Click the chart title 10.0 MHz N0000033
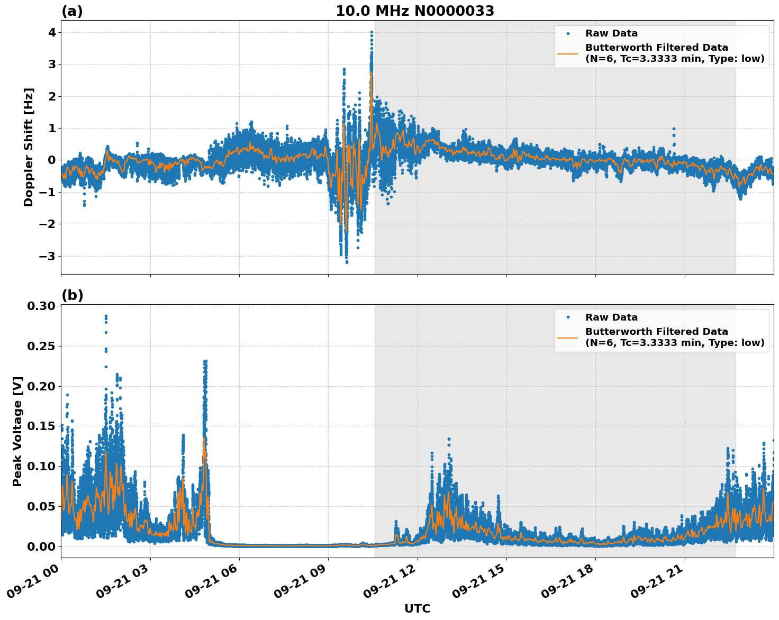coord(415,11)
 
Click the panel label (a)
coord(72,11)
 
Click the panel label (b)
coord(73,295)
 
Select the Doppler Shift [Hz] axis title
coord(29,147)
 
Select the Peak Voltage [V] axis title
coord(17,431)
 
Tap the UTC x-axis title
coord(417,608)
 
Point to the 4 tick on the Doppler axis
coord(52,33)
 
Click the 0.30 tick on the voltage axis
coord(41,306)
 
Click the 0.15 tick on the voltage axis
coord(41,426)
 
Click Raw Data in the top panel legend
coord(611,33)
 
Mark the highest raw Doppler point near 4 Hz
coord(372,32)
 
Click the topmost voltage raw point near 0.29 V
coord(106,316)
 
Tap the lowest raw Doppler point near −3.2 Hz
coord(347,262)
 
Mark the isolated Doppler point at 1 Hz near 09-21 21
coord(674,129)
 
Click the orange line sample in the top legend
coord(567,53)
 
